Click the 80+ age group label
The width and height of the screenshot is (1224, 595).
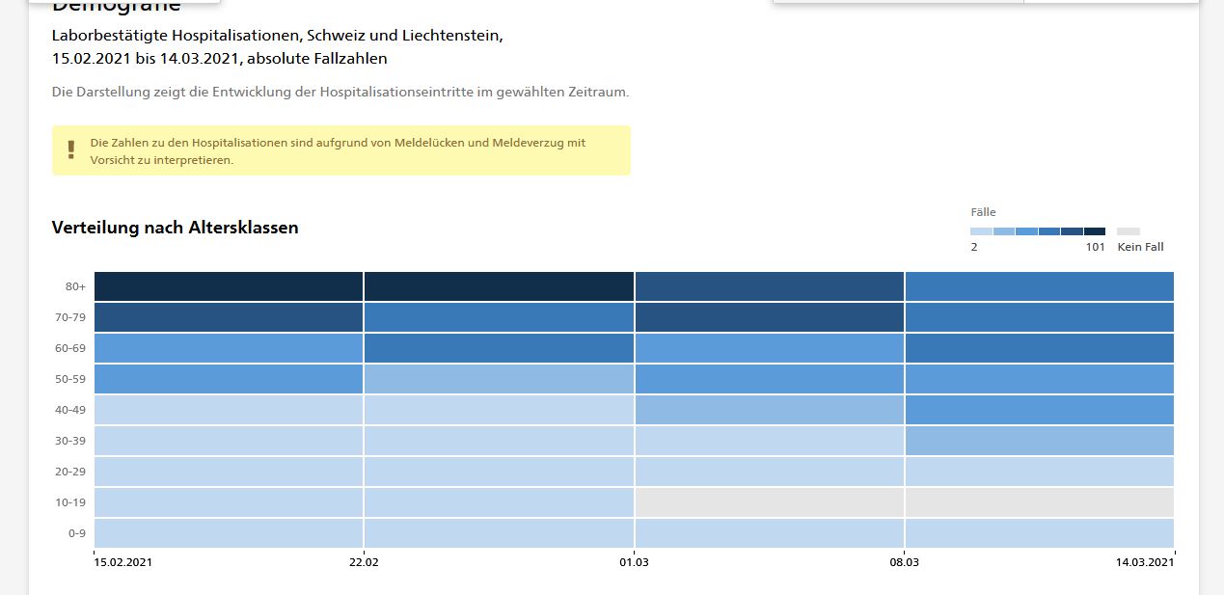(74, 286)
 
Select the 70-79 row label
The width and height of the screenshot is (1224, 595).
(71, 317)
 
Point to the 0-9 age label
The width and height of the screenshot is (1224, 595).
(76, 533)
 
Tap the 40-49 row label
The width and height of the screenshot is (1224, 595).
(71, 410)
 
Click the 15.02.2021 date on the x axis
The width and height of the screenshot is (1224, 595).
(122, 562)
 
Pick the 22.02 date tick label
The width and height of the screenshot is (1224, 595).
(364, 562)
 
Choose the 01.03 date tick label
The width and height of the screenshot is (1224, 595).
(634, 562)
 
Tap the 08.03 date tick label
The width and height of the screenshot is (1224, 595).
(904, 562)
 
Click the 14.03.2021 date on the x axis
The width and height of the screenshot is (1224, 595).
(1146, 562)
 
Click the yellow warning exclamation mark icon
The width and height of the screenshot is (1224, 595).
(70, 149)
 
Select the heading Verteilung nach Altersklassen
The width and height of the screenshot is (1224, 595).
(175, 228)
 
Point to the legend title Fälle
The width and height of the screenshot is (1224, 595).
(983, 212)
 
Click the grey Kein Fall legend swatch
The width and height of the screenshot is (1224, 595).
(1128, 231)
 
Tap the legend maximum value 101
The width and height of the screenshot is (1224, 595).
(1095, 247)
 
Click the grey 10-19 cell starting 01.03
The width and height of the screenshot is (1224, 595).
(769, 502)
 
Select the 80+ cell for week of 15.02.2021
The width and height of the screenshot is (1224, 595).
(229, 286)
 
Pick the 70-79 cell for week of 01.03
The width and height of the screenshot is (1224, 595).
(769, 317)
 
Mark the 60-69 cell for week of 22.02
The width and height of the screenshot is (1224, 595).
(499, 348)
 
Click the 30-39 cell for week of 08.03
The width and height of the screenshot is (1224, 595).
(1039, 441)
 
